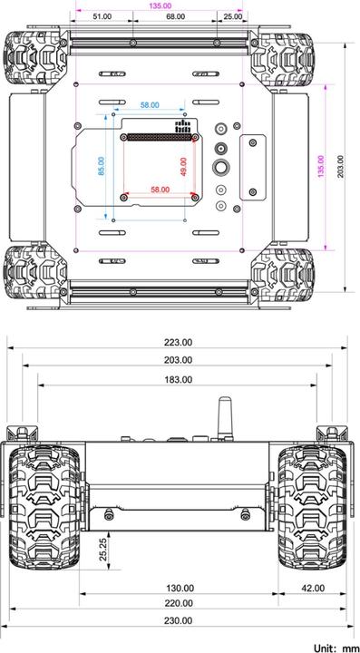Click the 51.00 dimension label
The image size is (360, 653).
(102, 16)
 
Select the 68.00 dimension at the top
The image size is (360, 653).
(176, 16)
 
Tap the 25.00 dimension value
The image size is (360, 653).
(232, 16)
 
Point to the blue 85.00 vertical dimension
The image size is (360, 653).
(102, 166)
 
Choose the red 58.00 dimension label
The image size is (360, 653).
(160, 190)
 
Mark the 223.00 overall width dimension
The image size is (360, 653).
(178, 343)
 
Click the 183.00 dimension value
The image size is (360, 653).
(178, 379)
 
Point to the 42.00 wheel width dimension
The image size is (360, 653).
(313, 588)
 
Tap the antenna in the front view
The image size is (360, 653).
(223, 414)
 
